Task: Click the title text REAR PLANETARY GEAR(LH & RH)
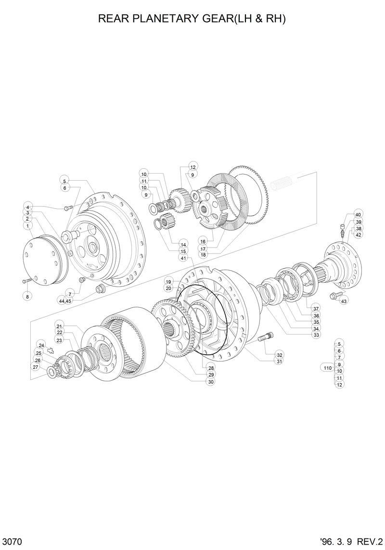(x=192, y=19)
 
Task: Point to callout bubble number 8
(x=27, y=297)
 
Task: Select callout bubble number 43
(x=344, y=301)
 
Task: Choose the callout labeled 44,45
(x=65, y=300)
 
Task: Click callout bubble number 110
(x=328, y=368)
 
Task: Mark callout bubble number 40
(x=358, y=214)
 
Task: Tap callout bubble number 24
(x=41, y=345)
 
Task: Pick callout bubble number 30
(x=211, y=381)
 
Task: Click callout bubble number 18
(x=203, y=255)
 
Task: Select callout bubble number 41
(x=183, y=258)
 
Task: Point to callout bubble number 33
(x=316, y=335)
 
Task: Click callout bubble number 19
(x=168, y=281)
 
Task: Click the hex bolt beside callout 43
(x=334, y=296)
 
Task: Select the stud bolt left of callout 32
(x=266, y=339)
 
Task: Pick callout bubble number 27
(x=35, y=367)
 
